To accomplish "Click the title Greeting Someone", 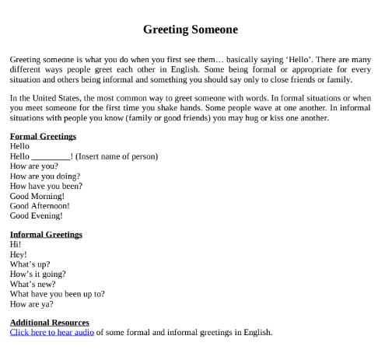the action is [x=191, y=30].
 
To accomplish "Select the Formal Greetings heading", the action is [x=43, y=136].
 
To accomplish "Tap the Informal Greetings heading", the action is [x=46, y=234].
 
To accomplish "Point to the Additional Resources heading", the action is [x=50, y=322].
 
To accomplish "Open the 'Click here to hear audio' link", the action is [x=52, y=332].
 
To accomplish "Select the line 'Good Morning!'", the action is [x=37, y=196].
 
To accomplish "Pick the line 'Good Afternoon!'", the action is [x=40, y=206].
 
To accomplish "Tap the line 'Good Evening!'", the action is [x=35, y=216].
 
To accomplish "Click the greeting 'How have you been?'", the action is [x=46, y=186].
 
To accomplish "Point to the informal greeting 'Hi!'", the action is [x=16, y=244].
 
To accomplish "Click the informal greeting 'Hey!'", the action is [x=19, y=254].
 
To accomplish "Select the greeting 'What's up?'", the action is [x=30, y=264].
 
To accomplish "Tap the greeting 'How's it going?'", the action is [x=38, y=274].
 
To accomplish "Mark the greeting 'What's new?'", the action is [x=32, y=284].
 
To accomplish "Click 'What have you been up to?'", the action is [x=58, y=294].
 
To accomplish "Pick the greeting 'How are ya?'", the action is [x=33, y=304].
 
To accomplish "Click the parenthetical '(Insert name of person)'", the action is [x=117, y=156].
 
